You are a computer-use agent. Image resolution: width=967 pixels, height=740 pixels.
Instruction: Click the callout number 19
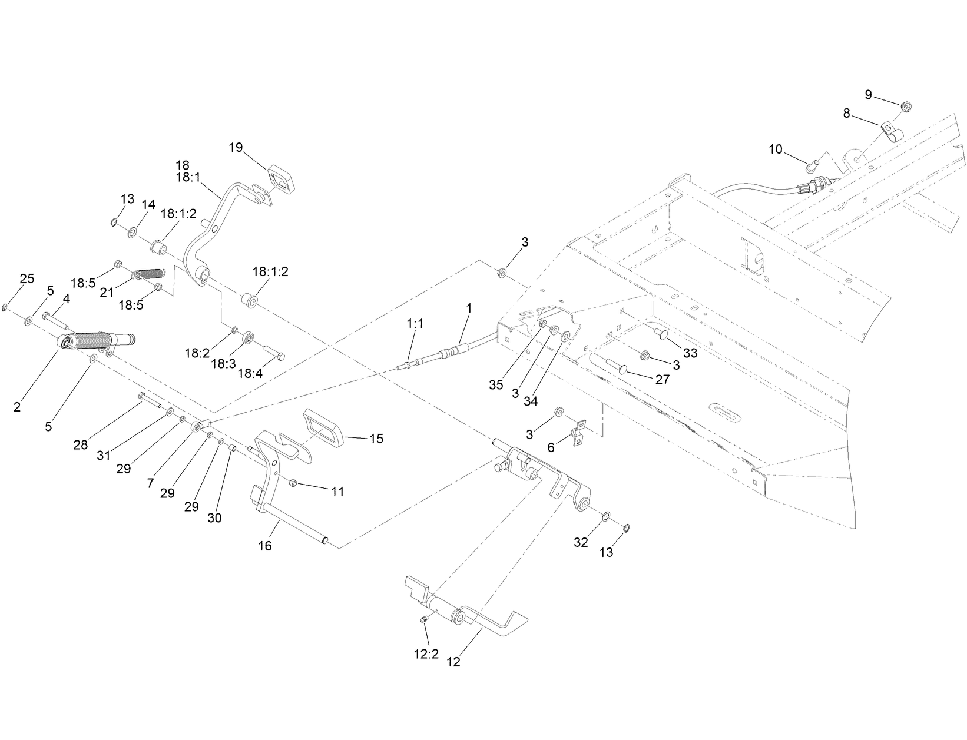(x=236, y=147)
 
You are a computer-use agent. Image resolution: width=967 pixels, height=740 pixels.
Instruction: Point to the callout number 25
(x=27, y=278)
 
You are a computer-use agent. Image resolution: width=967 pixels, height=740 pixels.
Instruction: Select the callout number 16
(x=265, y=546)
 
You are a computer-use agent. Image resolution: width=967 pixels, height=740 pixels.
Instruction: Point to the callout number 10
(x=776, y=150)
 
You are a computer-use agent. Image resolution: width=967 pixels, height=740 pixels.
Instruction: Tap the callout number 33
(x=690, y=353)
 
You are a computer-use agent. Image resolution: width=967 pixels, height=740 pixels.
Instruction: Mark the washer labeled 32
(x=605, y=517)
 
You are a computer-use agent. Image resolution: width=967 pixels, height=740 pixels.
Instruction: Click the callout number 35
(x=496, y=385)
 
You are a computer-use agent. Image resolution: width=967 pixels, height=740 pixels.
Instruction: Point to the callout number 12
(x=453, y=662)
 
